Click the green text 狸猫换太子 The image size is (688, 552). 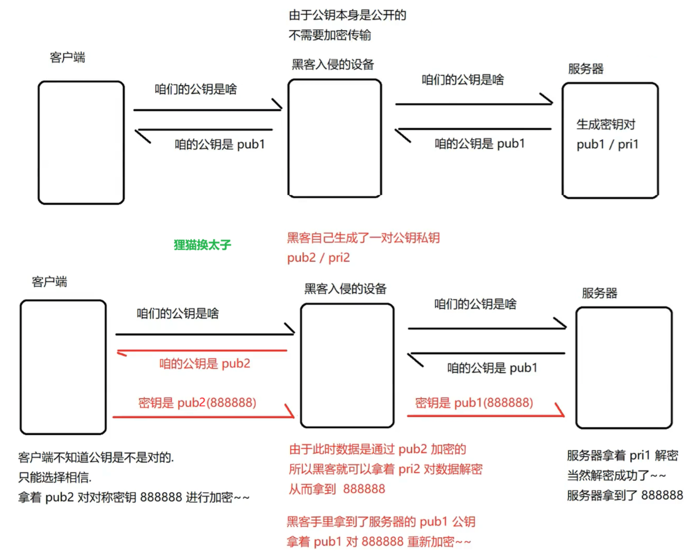[x=202, y=244]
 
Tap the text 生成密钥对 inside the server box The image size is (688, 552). [x=606, y=125]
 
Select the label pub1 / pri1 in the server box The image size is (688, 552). [x=607, y=145]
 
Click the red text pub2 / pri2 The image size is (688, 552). [x=318, y=258]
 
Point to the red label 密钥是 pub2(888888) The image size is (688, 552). [x=197, y=403]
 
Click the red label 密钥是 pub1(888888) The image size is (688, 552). [x=474, y=403]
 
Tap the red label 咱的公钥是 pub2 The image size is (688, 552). [x=205, y=364]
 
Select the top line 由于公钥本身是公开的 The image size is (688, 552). [x=347, y=15]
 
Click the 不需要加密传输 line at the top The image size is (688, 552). [x=330, y=35]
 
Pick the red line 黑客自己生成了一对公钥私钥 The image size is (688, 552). [x=363, y=238]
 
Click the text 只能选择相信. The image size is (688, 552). [x=55, y=477]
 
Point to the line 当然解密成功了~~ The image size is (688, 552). [x=616, y=475]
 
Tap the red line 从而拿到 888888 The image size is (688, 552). [x=337, y=489]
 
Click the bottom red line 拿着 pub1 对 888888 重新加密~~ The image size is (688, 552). [x=378, y=541]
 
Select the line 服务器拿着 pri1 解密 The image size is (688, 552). [x=622, y=455]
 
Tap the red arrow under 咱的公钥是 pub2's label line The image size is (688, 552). [x=202, y=350]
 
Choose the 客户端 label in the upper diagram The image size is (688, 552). [x=67, y=57]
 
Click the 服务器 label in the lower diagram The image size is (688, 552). [x=599, y=293]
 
